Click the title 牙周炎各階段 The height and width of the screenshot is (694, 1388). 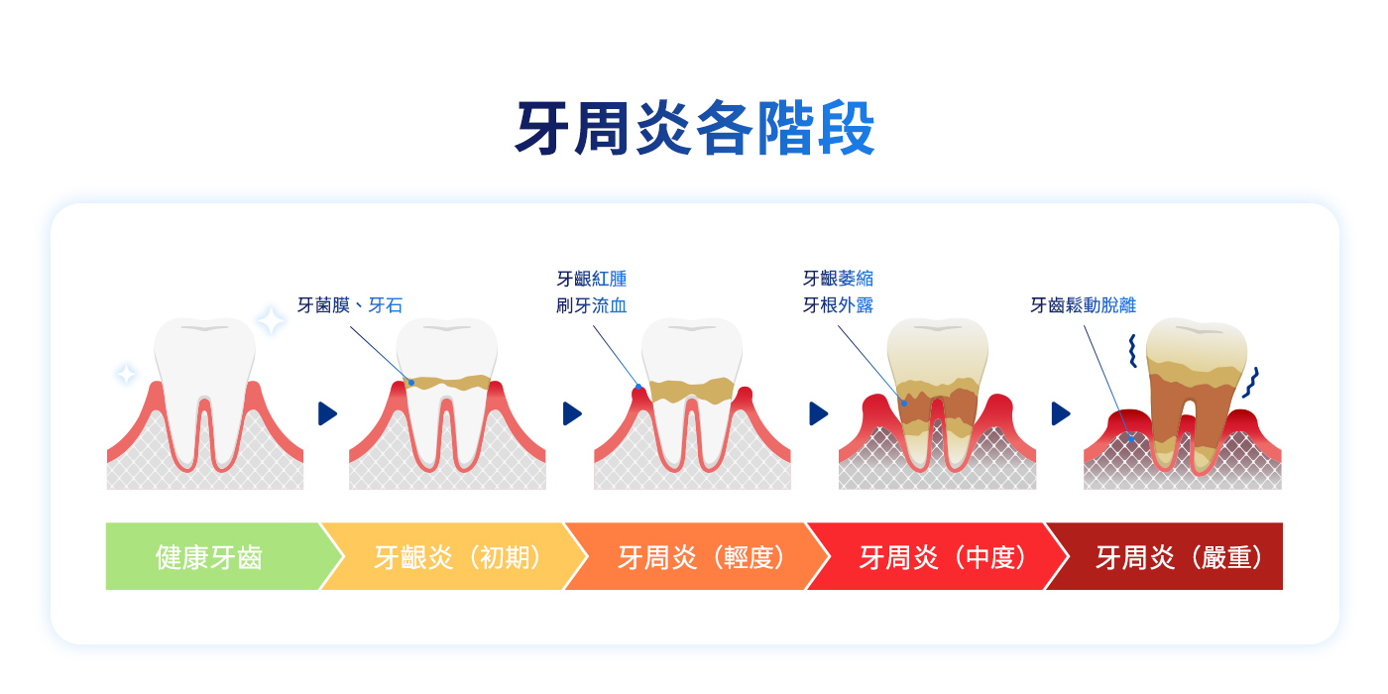(695, 128)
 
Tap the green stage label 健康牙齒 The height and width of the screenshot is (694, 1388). (209, 557)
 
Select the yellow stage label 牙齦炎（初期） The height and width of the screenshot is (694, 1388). (457, 557)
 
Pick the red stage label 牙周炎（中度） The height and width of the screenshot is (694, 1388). (943, 557)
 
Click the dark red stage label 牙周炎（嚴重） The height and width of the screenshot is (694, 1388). (1179, 557)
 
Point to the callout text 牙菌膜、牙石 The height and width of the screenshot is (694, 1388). (350, 305)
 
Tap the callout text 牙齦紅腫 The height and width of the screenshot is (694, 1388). (592, 279)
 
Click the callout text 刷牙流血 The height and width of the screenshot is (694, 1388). (592, 305)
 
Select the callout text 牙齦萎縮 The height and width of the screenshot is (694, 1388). (839, 279)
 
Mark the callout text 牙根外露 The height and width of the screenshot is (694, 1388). (839, 305)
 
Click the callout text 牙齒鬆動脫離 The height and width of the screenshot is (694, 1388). (1083, 305)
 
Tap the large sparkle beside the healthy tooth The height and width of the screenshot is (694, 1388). (271, 320)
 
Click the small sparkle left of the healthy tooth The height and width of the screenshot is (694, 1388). (127, 374)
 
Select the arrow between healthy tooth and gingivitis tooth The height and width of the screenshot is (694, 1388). (327, 413)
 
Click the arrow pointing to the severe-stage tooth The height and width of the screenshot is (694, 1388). (1061, 413)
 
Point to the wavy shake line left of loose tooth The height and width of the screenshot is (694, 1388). (1132, 351)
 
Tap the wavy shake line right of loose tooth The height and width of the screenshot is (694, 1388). (1251, 383)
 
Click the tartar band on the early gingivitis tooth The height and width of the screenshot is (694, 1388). (447, 383)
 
